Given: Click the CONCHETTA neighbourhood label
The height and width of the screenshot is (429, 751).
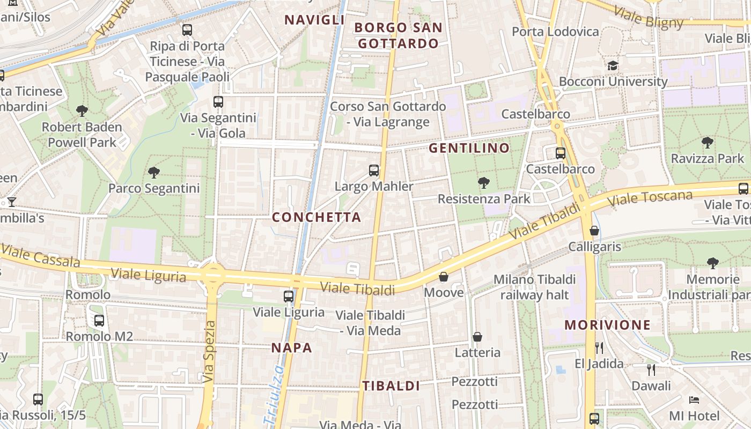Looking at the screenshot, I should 316,217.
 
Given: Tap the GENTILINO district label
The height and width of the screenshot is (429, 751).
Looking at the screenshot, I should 469,148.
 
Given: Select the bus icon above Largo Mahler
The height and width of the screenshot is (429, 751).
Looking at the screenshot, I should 374,171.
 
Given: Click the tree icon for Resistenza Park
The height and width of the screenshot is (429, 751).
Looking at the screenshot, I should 483,183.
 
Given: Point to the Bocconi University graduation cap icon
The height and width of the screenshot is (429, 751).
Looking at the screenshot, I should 613,66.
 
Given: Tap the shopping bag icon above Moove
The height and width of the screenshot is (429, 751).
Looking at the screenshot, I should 444,277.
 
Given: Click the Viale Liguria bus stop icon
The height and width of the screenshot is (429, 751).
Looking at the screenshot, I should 289,296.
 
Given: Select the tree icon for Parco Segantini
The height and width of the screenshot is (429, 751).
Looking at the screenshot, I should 154,173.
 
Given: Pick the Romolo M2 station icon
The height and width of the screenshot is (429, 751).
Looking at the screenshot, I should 99,321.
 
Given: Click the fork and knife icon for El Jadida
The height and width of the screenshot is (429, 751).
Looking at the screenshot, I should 599,348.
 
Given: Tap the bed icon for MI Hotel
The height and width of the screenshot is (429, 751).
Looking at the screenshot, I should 694,400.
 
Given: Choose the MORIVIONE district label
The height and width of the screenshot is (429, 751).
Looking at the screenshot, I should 607,325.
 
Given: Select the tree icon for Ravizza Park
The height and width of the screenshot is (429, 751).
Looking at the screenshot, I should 708,143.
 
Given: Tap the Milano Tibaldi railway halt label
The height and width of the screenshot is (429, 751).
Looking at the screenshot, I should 534,287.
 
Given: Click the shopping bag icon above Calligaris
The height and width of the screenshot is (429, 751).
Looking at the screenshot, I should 594,231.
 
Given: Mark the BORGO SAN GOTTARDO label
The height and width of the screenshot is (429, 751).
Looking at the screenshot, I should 398,35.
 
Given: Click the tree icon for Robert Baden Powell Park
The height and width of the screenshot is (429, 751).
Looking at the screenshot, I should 82,112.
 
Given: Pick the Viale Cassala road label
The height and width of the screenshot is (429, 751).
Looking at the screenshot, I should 40,256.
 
